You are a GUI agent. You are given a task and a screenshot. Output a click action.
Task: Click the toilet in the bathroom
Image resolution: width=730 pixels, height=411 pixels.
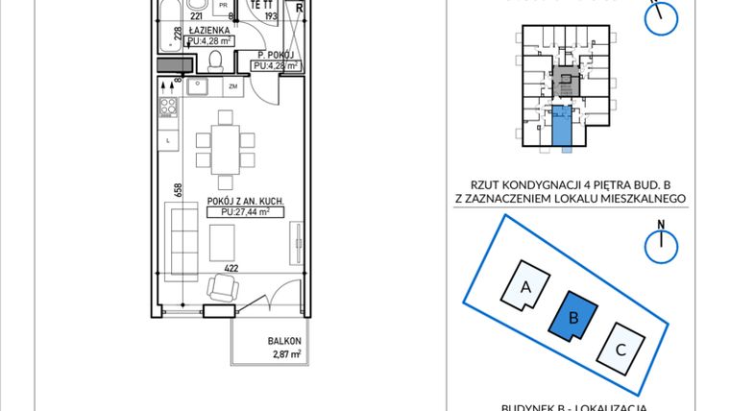coord(218,62)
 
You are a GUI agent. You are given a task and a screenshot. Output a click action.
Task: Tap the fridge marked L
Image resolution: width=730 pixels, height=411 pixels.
coord(168,141)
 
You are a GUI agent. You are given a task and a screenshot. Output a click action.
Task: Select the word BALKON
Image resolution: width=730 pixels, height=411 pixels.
coord(284,342)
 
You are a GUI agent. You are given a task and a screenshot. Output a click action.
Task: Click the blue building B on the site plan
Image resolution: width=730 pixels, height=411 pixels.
coord(573,316)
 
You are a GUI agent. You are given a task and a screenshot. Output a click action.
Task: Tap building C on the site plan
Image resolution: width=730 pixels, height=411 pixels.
coord(620,349)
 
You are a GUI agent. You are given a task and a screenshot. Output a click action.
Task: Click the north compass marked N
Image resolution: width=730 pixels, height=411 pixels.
coord(662,245)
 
